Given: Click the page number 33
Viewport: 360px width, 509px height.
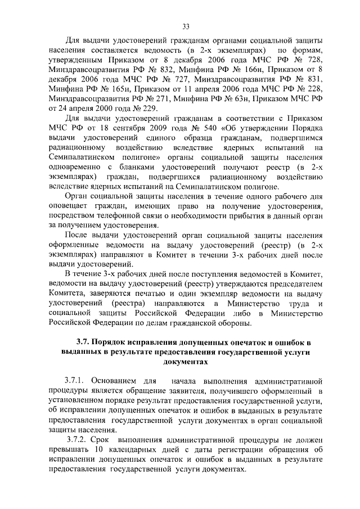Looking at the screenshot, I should point(186,25).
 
